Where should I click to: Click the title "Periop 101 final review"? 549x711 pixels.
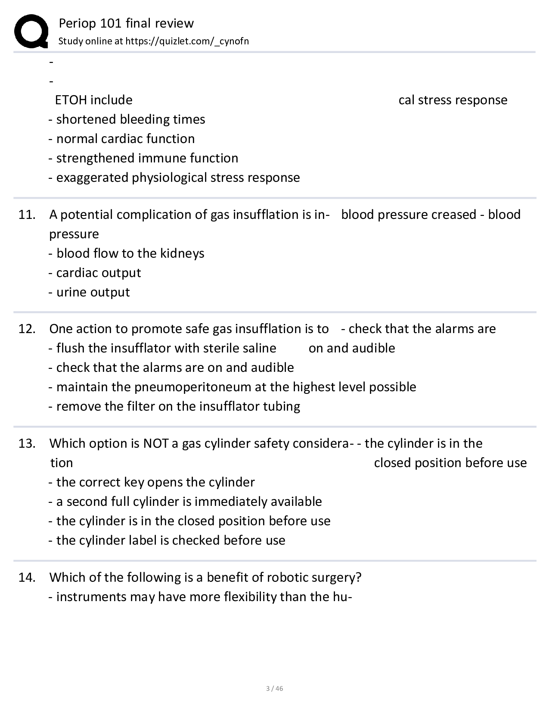126,23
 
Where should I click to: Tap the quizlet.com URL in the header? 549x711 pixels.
187,41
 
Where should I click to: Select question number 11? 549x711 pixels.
27,215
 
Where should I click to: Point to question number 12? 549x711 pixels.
27,329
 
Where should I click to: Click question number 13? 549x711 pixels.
27,443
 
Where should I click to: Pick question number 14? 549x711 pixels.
27,577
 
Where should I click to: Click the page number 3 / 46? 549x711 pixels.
275,688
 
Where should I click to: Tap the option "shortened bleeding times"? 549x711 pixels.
130,119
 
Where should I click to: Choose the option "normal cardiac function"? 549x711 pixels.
125,139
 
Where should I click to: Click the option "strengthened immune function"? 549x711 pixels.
147,158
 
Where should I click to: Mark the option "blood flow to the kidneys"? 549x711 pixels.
130,253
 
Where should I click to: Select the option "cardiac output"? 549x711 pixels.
99,273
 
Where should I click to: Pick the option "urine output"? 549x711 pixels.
93,292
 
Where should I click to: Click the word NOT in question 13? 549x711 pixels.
156,443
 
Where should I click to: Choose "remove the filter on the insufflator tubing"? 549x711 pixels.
178,406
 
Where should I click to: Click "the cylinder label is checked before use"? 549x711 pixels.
171,540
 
